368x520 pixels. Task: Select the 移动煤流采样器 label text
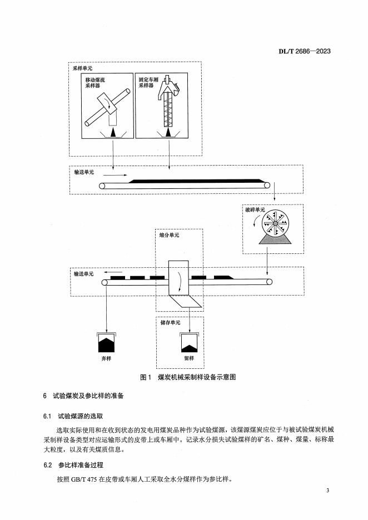(91, 83)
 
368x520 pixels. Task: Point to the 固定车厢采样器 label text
(150, 83)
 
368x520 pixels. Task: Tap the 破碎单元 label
(255, 211)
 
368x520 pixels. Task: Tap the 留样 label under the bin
(188, 359)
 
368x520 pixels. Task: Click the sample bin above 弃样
(106, 342)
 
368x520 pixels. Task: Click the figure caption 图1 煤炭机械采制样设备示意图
(188, 377)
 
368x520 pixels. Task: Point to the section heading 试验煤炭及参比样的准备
(89, 396)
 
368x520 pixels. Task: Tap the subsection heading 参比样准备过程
(81, 464)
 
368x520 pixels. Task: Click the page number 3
(329, 491)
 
